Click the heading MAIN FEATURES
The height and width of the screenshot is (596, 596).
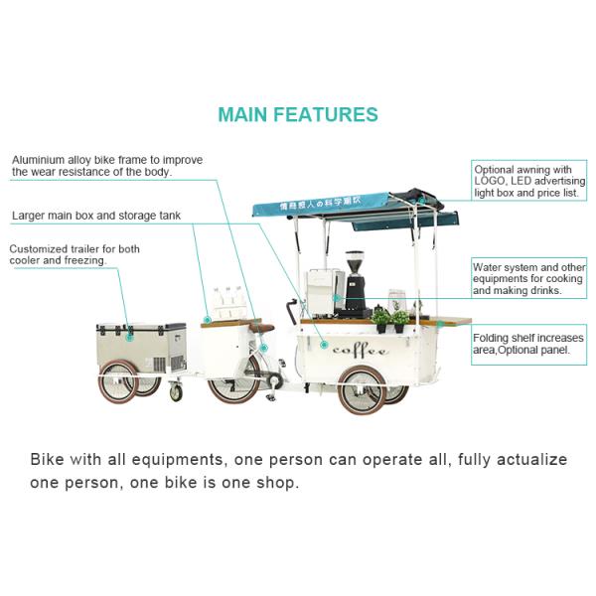(x=298, y=114)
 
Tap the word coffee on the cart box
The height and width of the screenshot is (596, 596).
(x=361, y=351)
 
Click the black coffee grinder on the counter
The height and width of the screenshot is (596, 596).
(x=355, y=284)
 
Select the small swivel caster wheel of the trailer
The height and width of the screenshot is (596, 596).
(x=176, y=392)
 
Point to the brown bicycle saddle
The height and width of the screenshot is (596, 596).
(x=261, y=328)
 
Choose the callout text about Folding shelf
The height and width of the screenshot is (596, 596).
(x=528, y=344)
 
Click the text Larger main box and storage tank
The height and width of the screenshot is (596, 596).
(x=96, y=216)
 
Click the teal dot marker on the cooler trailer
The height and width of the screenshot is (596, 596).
(x=129, y=337)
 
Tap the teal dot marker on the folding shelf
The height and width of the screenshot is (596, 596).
(x=440, y=324)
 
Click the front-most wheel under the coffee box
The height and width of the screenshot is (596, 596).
(x=363, y=390)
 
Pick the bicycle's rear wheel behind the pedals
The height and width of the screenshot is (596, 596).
(x=233, y=380)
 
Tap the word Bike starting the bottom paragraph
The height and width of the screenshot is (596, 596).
(x=47, y=459)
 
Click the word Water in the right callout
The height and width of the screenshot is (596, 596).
(x=486, y=267)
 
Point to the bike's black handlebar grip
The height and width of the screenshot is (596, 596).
(x=291, y=311)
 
